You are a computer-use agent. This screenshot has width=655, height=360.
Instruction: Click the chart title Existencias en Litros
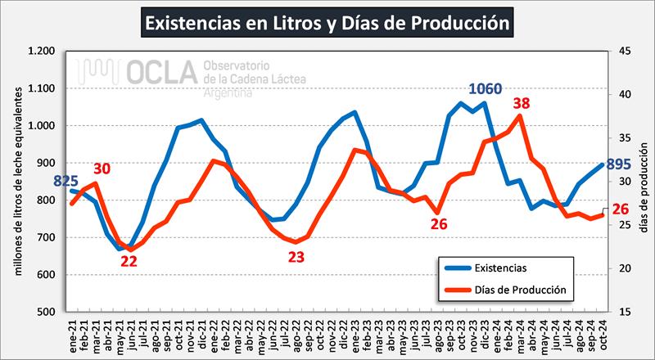(327, 22)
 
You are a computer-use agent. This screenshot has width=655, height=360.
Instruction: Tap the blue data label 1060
(486, 89)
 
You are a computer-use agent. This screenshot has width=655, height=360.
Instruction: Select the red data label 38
(522, 104)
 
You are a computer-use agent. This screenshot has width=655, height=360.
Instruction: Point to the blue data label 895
(619, 164)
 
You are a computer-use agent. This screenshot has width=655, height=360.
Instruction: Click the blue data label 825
(66, 180)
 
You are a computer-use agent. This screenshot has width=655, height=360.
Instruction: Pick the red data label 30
(101, 169)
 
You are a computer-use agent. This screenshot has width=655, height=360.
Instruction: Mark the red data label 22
(129, 262)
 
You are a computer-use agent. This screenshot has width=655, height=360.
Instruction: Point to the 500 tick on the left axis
(46, 312)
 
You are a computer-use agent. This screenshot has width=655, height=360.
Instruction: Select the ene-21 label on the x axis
(72, 335)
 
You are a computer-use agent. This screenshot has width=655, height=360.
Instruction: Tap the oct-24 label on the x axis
(603, 335)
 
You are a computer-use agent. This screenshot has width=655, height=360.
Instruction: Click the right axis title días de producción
(644, 180)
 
